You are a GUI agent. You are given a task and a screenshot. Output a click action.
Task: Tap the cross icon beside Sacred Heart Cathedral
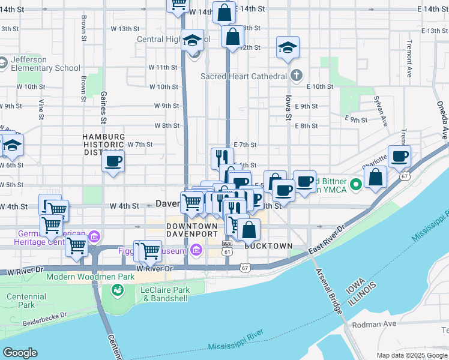[296, 76]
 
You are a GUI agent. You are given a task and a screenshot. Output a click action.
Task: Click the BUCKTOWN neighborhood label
[268, 246]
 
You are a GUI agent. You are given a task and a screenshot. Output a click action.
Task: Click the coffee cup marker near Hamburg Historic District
[113, 161]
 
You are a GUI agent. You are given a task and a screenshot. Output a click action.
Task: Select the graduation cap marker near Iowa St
[288, 47]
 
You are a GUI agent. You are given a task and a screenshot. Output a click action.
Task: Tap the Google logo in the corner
[20, 353]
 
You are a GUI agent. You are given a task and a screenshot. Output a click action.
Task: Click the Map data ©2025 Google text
[411, 355]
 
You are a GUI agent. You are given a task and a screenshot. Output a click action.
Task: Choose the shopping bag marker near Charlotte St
[375, 177]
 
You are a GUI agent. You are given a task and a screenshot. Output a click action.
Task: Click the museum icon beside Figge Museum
[195, 250]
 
